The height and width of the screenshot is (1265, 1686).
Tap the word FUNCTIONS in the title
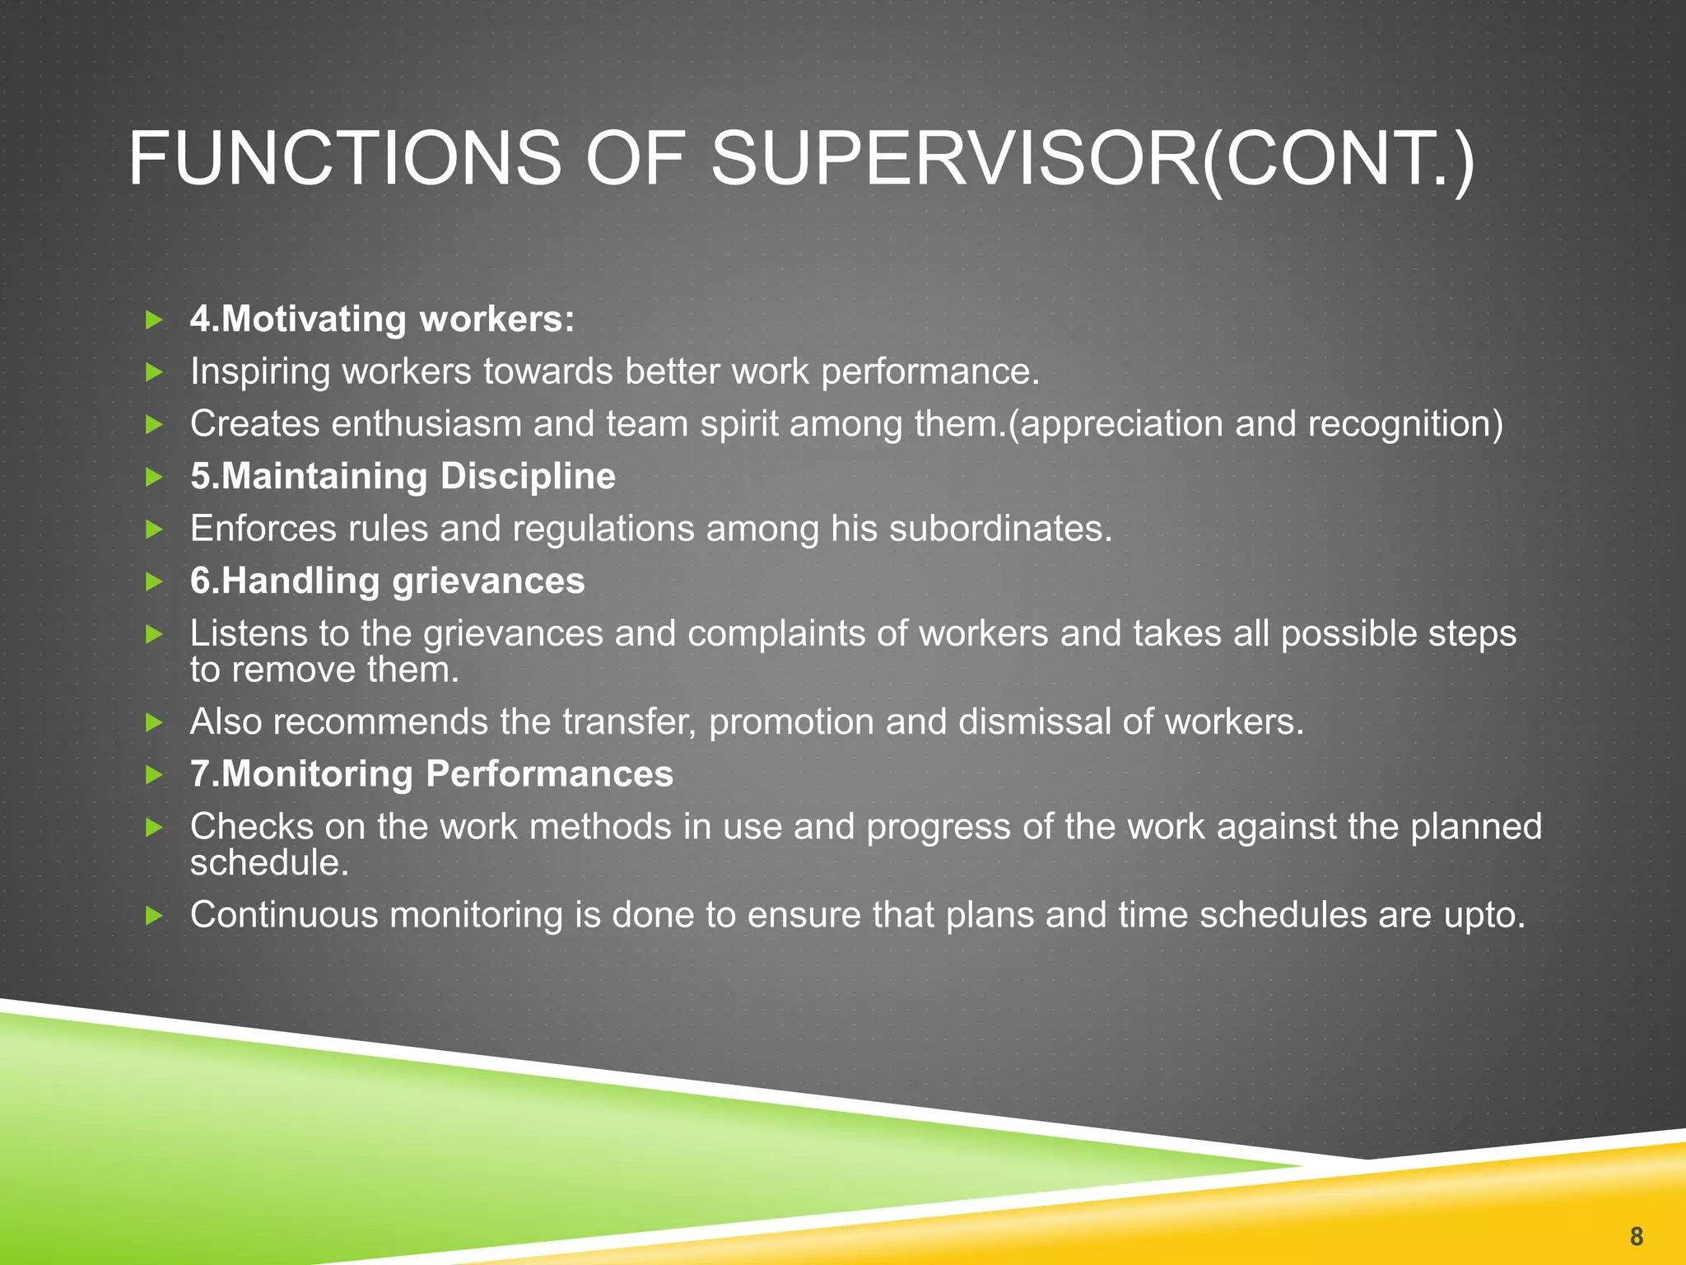pos(344,159)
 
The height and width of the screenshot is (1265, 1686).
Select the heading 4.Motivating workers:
pos(382,320)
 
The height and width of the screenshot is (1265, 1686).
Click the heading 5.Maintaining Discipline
pos(403,477)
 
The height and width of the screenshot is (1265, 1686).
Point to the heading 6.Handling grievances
pos(387,581)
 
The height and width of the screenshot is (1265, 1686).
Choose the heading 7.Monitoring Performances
pos(431,774)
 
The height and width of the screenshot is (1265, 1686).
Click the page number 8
pos(1636,1236)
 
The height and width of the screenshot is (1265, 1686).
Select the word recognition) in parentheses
pos(1405,425)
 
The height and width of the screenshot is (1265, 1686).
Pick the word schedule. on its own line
pos(269,863)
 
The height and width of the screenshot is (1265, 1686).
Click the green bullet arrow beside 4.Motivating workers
pos(154,320)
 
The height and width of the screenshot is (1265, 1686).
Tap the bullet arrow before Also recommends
pos(154,723)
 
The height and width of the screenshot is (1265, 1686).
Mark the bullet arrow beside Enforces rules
pos(154,530)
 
